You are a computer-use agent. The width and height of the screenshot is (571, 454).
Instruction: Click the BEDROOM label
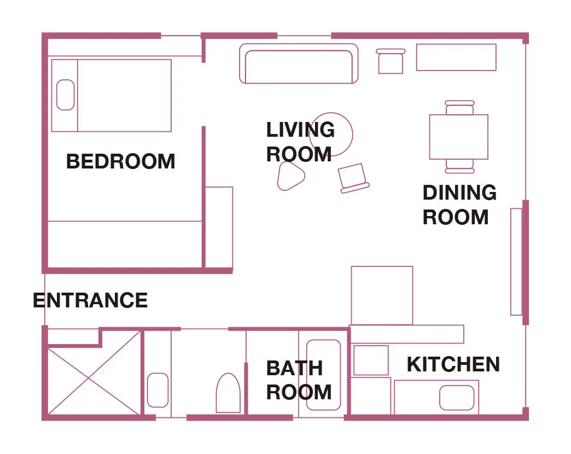pos(120,161)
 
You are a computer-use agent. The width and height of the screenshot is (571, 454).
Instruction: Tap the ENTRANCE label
pos(90,300)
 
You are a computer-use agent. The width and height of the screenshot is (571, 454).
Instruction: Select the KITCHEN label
pos(453,364)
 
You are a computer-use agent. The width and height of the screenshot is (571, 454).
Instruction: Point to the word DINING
pos(459,193)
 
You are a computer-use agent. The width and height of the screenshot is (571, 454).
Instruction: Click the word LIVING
pos(300,130)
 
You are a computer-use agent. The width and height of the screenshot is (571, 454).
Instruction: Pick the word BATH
pos(295,368)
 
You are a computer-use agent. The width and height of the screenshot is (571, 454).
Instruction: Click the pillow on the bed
pos(66,95)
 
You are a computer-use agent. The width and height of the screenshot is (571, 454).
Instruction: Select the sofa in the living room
pos(299,63)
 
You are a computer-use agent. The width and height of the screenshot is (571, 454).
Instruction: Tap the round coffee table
pos(331,134)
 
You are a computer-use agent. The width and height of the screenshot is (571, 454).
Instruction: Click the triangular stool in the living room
pos(290,176)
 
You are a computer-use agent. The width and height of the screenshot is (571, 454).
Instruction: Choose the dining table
pos(459,137)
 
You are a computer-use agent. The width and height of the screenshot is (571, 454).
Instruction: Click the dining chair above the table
pos(460,108)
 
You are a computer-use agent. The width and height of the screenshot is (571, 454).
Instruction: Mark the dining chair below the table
pos(460,166)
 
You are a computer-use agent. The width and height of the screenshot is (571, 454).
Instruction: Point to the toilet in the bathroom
pos(228,393)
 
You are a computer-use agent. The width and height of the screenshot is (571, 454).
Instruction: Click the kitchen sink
pos(457,398)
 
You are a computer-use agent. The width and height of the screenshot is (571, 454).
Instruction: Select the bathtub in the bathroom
pos(324,375)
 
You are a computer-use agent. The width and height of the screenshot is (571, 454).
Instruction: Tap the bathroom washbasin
pos(158,390)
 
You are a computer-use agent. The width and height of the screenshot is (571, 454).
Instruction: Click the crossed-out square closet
pos(94,373)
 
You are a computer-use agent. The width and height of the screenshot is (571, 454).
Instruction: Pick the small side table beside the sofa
pos(391,61)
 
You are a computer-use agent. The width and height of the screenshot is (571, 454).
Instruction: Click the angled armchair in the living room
pos(353,178)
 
